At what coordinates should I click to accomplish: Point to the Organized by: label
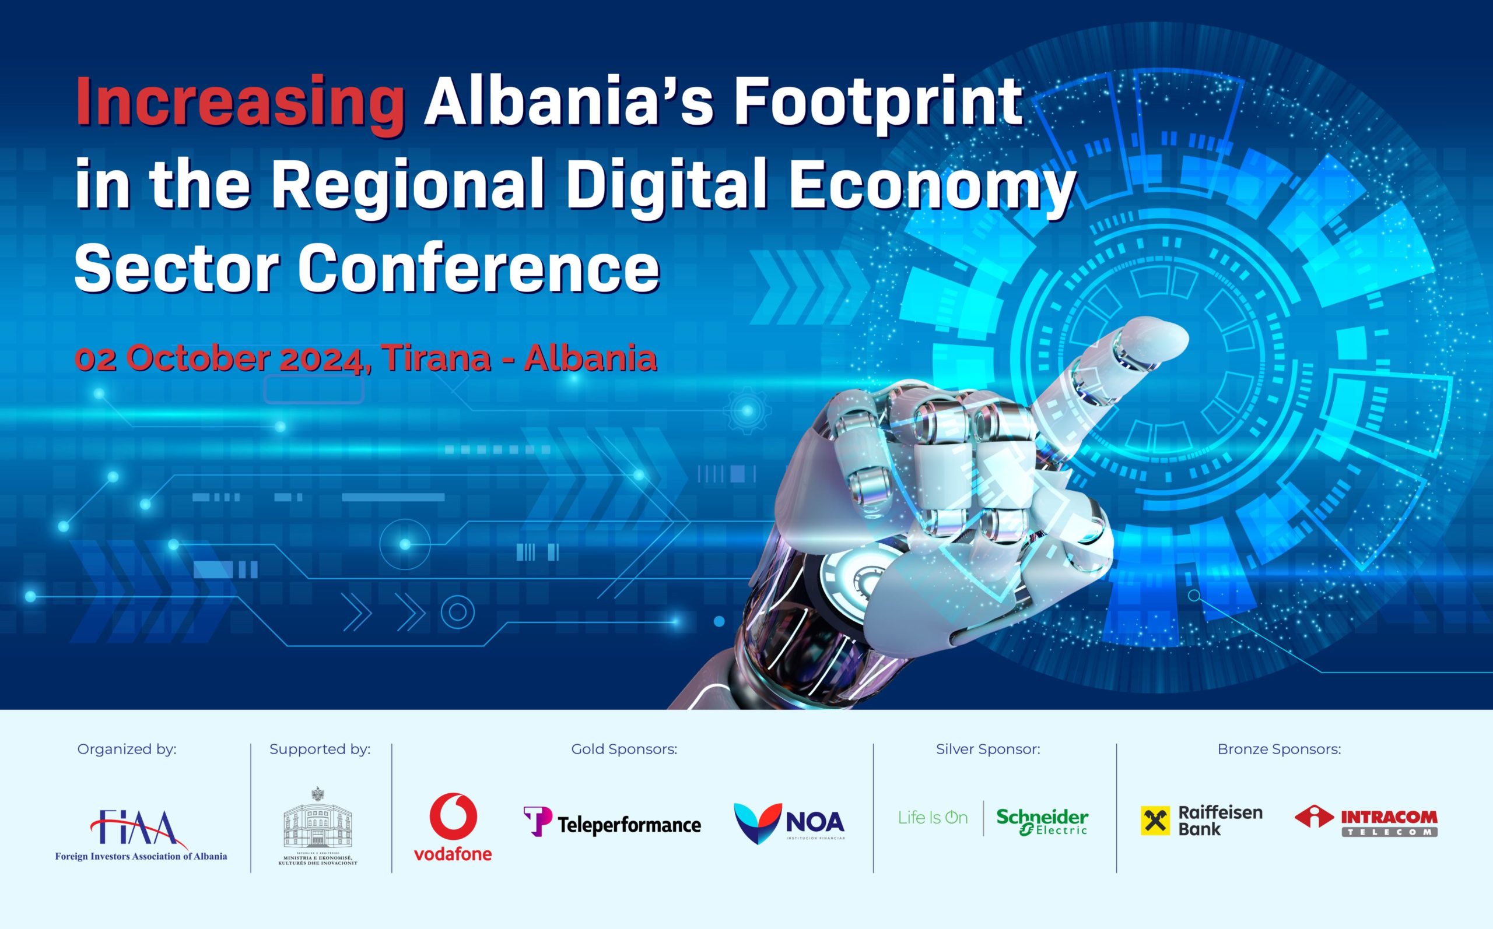(x=127, y=749)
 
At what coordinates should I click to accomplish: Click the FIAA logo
(x=141, y=835)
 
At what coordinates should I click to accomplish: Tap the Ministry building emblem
(x=318, y=826)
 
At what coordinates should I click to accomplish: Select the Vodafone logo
(x=453, y=827)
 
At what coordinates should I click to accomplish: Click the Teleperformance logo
(x=612, y=822)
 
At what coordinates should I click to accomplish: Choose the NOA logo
(x=789, y=823)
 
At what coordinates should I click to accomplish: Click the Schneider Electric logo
(x=1042, y=822)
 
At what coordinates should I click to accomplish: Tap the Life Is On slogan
(x=933, y=818)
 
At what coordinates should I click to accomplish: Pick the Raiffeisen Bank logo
(x=1201, y=820)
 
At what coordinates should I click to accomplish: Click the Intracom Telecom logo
(x=1366, y=821)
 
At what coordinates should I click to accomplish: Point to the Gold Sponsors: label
(x=624, y=749)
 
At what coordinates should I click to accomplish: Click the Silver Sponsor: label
(x=988, y=749)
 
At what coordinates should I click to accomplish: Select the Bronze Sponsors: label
(x=1279, y=749)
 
